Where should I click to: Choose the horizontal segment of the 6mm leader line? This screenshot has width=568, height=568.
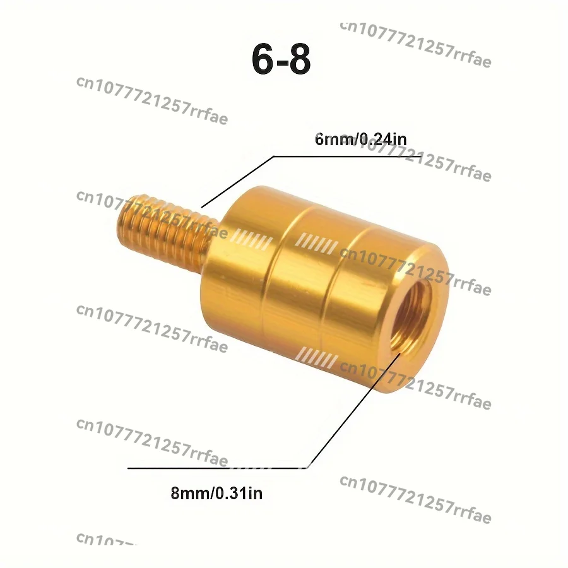(x=347, y=155)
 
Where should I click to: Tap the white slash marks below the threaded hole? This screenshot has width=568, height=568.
(x=319, y=358)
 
